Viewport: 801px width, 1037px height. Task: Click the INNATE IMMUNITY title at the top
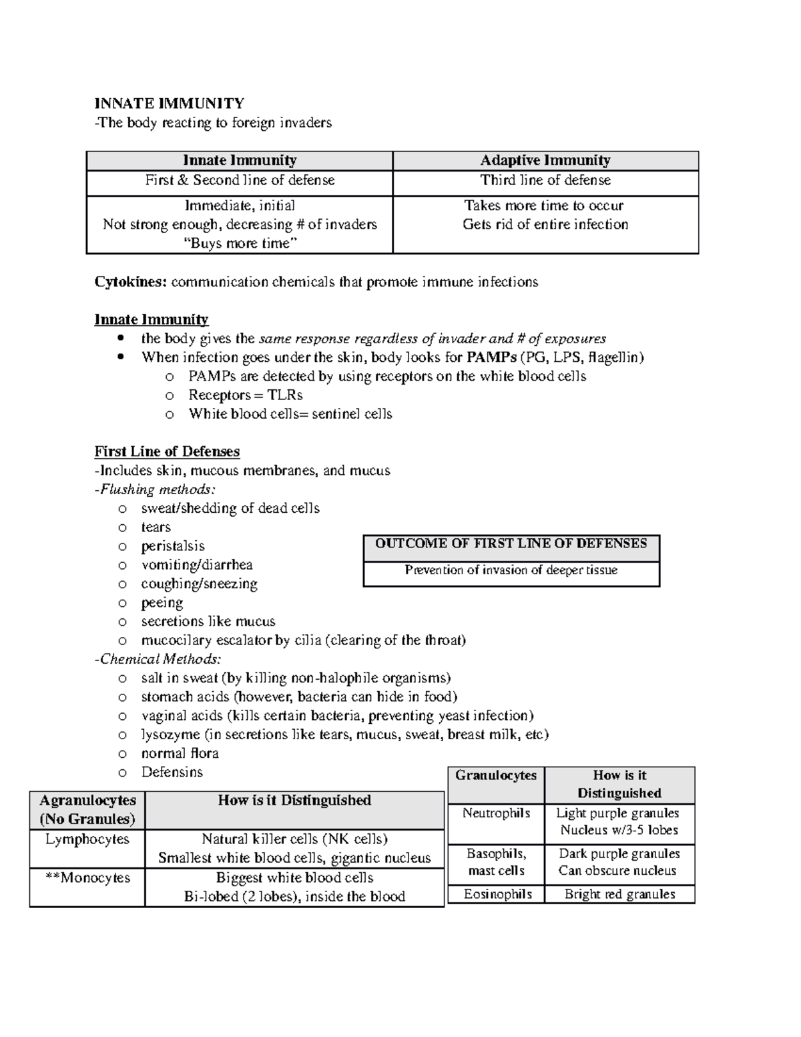[x=169, y=103]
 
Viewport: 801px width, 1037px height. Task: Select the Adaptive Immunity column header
[x=545, y=160]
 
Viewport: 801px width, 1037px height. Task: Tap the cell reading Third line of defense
[x=545, y=180]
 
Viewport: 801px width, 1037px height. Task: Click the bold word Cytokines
[x=130, y=282]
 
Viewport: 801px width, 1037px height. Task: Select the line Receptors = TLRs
[x=245, y=395]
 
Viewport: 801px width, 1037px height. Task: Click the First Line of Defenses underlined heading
[x=167, y=451]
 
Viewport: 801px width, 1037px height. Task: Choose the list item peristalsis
[x=172, y=546]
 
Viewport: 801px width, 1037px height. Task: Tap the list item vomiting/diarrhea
[x=196, y=565]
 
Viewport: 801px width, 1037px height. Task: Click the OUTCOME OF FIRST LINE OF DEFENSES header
[x=511, y=544]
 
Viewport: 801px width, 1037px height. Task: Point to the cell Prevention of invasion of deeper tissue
[x=511, y=570]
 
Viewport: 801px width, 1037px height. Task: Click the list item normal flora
[x=180, y=753]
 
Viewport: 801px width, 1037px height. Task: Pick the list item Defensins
[x=172, y=772]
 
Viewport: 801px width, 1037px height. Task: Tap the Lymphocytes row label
[x=87, y=839]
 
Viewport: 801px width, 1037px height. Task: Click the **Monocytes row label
[x=87, y=877]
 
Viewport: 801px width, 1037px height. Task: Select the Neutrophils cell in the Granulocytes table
[x=496, y=813]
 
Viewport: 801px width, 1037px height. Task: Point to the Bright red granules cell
[x=619, y=894]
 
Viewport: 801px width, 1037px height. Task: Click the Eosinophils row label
[x=497, y=894]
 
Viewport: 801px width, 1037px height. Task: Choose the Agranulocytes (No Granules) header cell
[x=87, y=809]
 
